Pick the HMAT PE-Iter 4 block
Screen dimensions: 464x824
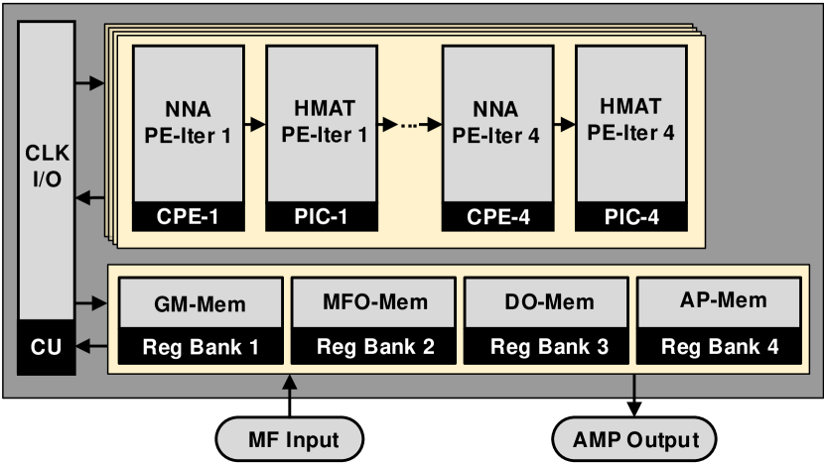(631, 121)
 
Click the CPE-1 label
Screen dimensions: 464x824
(188, 215)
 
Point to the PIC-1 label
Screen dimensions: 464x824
(321, 215)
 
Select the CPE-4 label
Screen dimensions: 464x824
(497, 215)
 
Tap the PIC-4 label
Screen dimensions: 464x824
(631, 215)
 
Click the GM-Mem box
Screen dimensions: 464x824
(200, 303)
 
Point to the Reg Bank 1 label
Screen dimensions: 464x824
(200, 347)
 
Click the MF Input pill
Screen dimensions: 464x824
(290, 439)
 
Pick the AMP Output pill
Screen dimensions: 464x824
(634, 439)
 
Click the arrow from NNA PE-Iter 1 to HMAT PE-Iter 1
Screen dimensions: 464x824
(254, 125)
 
